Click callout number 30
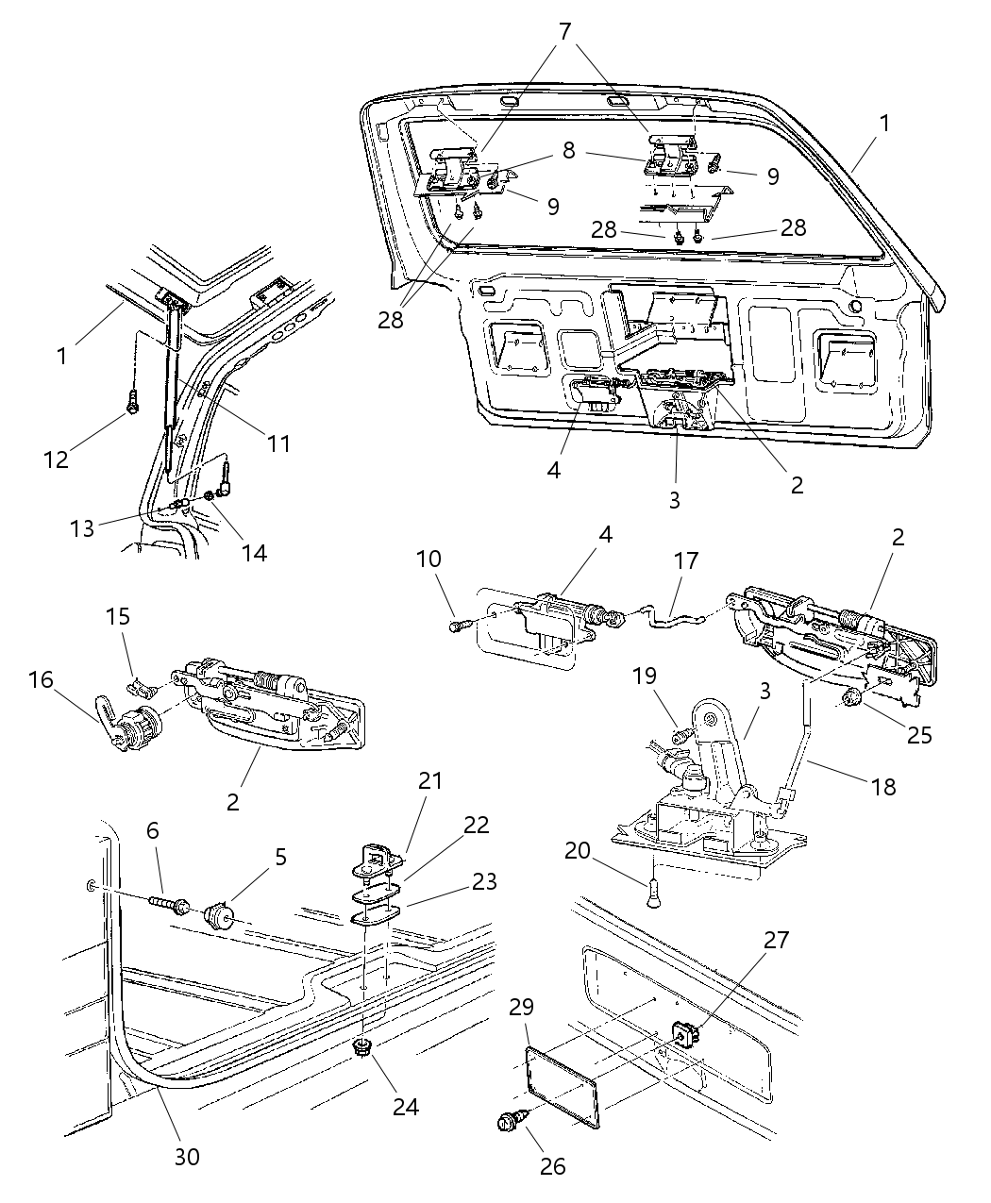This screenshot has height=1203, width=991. (188, 1155)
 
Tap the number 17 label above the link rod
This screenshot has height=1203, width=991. (686, 560)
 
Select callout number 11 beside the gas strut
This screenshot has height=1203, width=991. (278, 443)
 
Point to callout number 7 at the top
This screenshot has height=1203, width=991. (565, 32)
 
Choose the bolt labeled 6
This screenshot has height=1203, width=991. (171, 908)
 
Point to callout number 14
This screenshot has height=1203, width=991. (252, 552)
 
